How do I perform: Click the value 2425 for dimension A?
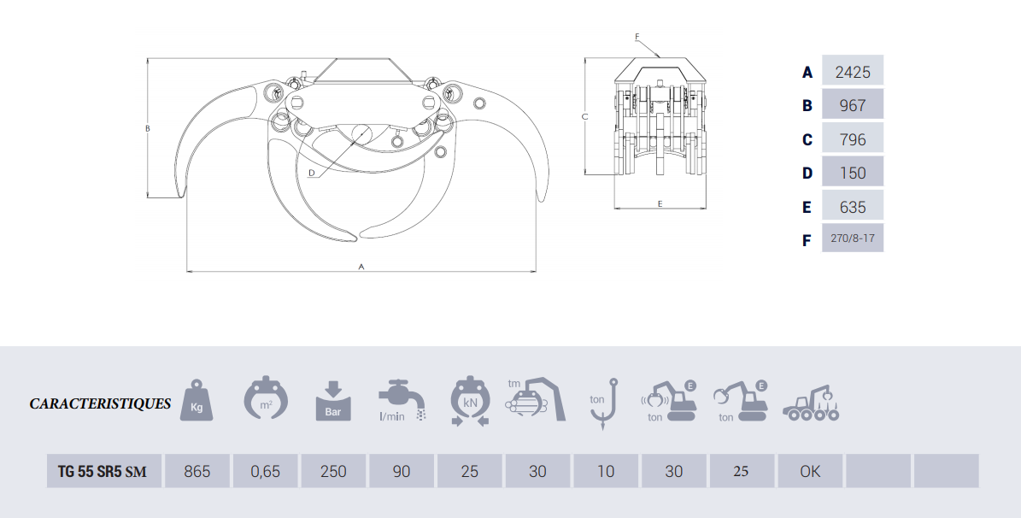pyautogui.click(x=853, y=71)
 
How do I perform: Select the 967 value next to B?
pyautogui.click(x=853, y=105)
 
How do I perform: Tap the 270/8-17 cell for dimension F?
pyautogui.click(x=853, y=238)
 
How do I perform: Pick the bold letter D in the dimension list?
pyautogui.click(x=807, y=174)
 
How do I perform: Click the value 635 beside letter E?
pyautogui.click(x=853, y=207)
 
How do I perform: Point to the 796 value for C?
pyautogui.click(x=853, y=138)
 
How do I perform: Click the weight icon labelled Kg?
pyautogui.click(x=197, y=400)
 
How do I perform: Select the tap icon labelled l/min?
pyautogui.click(x=402, y=401)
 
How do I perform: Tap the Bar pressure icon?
pyautogui.click(x=332, y=401)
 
